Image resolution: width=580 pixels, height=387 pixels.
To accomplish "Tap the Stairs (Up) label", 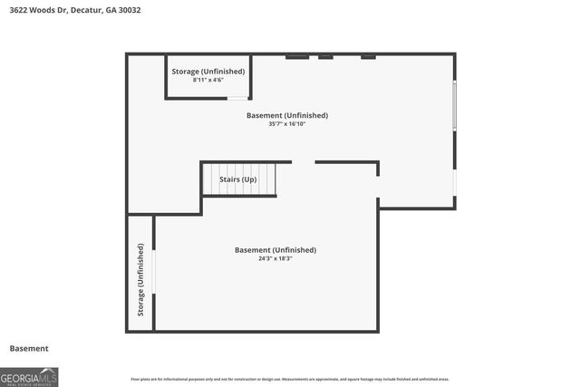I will (238, 179).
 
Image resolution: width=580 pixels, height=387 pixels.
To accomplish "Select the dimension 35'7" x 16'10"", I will (287, 124).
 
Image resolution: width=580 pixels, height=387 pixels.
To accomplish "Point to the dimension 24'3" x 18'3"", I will (275, 258).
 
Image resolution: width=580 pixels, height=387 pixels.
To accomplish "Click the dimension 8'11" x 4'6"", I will (208, 80).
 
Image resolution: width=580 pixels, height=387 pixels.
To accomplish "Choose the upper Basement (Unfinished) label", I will (287, 115).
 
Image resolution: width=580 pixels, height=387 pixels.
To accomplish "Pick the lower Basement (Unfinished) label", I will (275, 249).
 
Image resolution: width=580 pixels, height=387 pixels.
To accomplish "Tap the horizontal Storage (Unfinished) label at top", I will (208, 71).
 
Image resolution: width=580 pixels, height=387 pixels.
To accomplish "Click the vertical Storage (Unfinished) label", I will (140, 279).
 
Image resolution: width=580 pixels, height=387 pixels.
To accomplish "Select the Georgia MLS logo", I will (29, 376).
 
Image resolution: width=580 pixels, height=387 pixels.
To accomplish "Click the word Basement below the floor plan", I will (29, 348).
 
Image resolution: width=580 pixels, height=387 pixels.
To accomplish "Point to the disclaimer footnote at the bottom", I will (290, 379).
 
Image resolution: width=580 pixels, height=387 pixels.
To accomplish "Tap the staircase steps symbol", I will (238, 178).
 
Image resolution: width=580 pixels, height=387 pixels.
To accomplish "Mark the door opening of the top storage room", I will (237, 98).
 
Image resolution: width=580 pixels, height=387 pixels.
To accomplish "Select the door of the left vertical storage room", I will (154, 272).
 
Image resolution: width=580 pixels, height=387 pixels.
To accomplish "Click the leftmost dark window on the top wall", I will (297, 56).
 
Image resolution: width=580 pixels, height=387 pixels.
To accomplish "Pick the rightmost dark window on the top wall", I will (368, 56).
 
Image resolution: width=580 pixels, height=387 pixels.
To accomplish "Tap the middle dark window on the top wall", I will (325, 56).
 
